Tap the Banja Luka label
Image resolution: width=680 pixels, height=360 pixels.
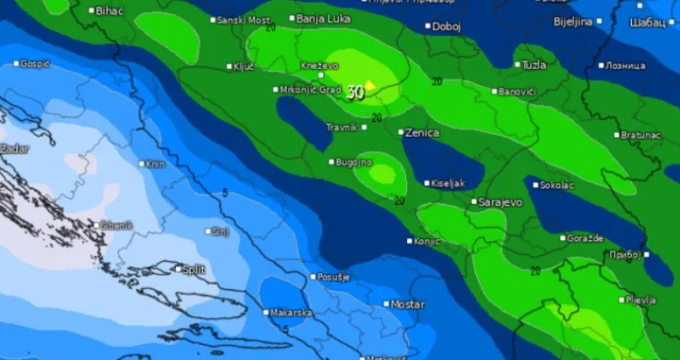323,19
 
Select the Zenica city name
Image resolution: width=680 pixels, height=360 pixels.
421,133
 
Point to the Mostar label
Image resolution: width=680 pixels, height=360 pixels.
408,304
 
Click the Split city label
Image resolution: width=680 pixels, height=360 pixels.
194,269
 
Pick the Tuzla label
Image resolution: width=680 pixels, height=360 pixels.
535,65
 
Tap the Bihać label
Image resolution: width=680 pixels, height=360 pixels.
110,10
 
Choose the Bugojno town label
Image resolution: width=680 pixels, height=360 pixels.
354,163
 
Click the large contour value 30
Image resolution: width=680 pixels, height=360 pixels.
355,93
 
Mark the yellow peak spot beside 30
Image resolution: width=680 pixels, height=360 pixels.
371,86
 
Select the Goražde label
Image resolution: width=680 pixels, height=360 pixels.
586,238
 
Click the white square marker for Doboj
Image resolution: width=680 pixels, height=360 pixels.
428,26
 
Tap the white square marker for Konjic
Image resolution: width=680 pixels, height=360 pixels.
410,241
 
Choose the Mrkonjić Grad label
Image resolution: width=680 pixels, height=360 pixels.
310,90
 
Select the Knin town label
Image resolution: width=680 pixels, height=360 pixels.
155,163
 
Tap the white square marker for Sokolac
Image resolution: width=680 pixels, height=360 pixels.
535,185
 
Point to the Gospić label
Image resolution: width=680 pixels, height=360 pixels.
35,63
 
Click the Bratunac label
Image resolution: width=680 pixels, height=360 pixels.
640,135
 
